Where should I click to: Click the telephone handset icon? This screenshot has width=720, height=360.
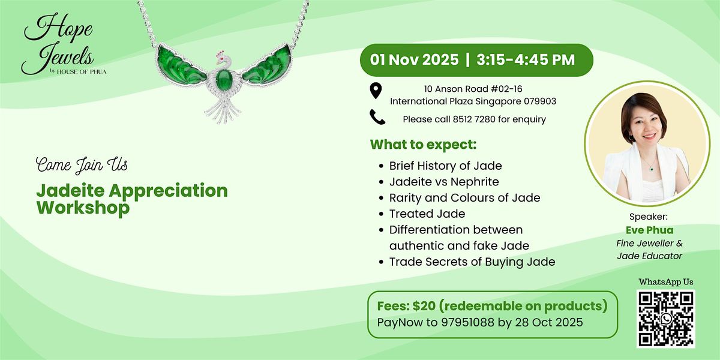[x=377, y=118]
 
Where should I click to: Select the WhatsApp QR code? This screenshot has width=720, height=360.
[x=665, y=319]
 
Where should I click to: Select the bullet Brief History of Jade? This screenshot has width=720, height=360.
[x=445, y=166]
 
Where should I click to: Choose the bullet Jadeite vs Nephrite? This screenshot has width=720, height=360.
[x=443, y=182]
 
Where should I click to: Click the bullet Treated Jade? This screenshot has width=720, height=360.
[x=427, y=214]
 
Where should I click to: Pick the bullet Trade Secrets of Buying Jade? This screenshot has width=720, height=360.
[x=472, y=262]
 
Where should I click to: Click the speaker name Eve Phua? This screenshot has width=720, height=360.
[x=649, y=229]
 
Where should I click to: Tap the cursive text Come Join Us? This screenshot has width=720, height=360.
[x=82, y=164]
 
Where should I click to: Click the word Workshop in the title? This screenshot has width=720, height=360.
[x=83, y=208]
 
